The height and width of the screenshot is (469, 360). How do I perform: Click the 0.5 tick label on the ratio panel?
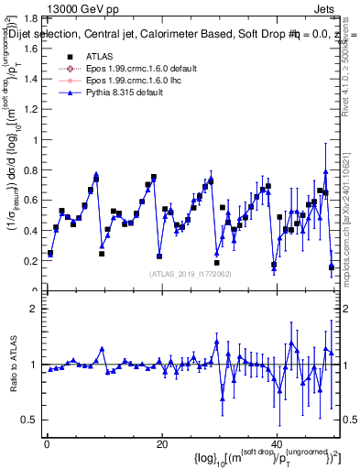30,420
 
